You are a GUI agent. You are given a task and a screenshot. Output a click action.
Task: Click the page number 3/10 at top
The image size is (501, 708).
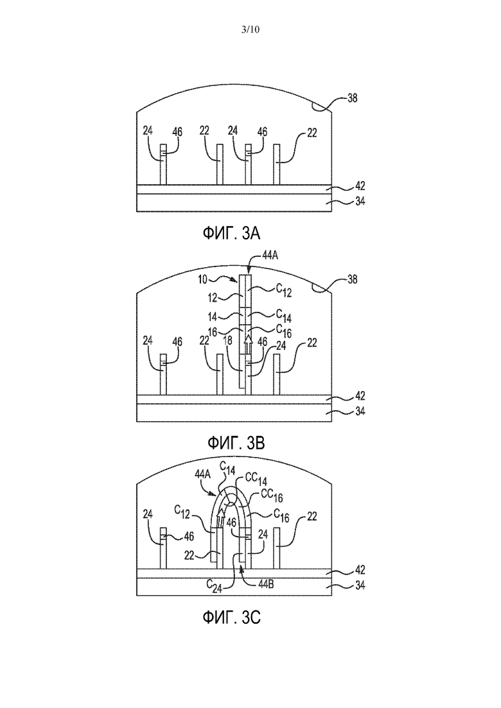tap(251, 30)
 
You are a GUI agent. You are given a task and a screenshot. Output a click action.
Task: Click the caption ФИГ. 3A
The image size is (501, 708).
tap(231, 233)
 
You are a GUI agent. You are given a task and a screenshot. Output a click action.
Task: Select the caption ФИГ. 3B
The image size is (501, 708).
tap(236, 443)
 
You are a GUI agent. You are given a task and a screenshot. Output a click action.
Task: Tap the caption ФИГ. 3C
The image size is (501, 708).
tap(231, 617)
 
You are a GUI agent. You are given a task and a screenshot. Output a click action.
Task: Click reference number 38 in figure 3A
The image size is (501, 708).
tap(353, 98)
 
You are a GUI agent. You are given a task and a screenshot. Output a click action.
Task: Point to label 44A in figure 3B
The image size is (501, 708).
tap(270, 255)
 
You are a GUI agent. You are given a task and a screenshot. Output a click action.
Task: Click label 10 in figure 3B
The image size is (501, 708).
tap(202, 279)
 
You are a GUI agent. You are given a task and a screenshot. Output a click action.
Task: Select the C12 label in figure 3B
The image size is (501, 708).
tap(284, 291)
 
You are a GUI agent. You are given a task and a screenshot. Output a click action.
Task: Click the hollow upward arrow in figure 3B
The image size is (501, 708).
tap(247, 345)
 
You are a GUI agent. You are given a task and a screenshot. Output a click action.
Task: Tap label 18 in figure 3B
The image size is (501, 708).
tap(228, 340)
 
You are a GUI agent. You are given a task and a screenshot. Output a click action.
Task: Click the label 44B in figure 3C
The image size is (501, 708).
tap(265, 584)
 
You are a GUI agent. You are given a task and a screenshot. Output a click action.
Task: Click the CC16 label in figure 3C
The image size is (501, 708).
tap(272, 496)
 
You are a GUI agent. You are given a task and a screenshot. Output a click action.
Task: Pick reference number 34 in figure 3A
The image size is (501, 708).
tap(360, 202)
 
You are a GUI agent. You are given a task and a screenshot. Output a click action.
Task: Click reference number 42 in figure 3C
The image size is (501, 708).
tap(360, 570)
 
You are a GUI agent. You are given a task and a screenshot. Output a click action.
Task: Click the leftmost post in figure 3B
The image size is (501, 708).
tap(164, 374)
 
